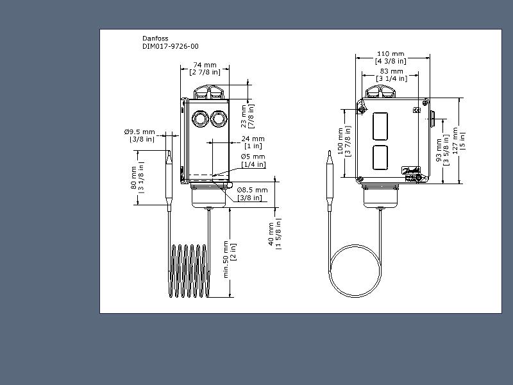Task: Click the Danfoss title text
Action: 155,38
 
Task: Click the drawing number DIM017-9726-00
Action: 170,46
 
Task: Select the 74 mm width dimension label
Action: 205,69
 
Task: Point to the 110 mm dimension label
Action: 391,57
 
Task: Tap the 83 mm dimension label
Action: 392,75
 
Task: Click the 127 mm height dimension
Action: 458,141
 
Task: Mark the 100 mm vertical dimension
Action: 344,141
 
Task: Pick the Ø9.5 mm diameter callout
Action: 139,135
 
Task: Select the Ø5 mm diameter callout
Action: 253,160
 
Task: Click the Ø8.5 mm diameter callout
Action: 252,194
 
